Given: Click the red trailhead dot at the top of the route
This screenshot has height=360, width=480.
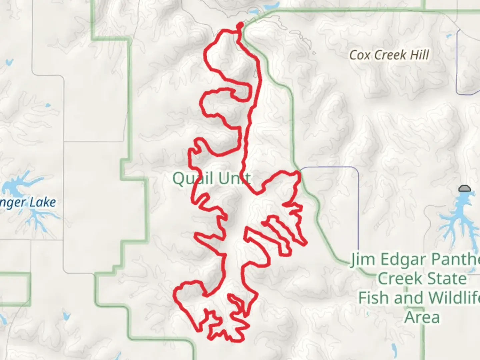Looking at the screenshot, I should click(239, 25).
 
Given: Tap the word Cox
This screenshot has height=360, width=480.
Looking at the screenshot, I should click(360, 55).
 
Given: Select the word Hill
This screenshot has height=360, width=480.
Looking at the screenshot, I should click(418, 55).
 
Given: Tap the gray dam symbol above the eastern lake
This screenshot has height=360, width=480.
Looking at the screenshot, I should click(464, 189).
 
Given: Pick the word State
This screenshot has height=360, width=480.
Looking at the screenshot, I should click(449, 279).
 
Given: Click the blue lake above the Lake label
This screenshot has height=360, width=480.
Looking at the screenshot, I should click(15, 187).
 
